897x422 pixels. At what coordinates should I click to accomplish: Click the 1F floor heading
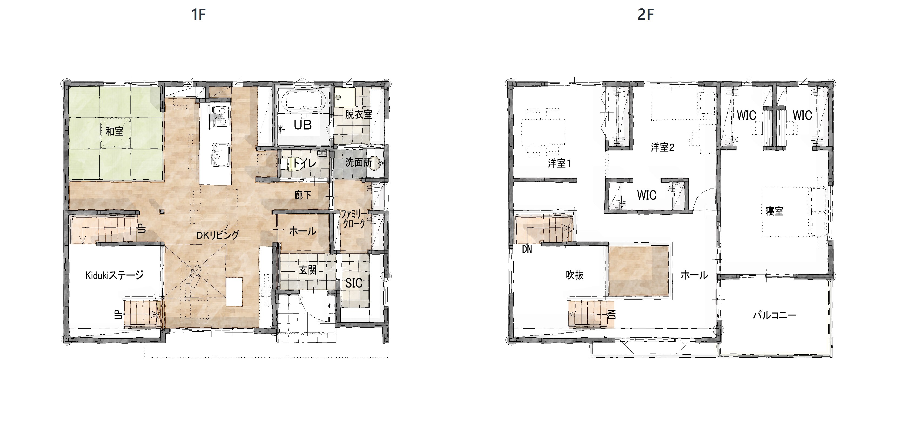tap(199, 15)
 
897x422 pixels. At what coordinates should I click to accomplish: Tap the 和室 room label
tap(115, 131)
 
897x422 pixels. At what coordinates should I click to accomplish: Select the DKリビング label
tap(218, 235)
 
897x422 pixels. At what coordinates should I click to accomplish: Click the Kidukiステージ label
tap(115, 275)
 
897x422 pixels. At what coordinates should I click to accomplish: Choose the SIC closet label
tap(354, 283)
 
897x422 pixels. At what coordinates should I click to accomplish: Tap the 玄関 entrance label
tap(308, 270)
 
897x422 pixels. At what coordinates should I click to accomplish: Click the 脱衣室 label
tap(359, 114)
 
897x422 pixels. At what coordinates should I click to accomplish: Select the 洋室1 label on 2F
tap(560, 163)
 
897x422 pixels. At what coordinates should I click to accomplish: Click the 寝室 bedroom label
tap(774, 211)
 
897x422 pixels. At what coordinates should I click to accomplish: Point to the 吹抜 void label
tap(575, 275)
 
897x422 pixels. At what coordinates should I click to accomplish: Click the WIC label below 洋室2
tap(647, 195)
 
